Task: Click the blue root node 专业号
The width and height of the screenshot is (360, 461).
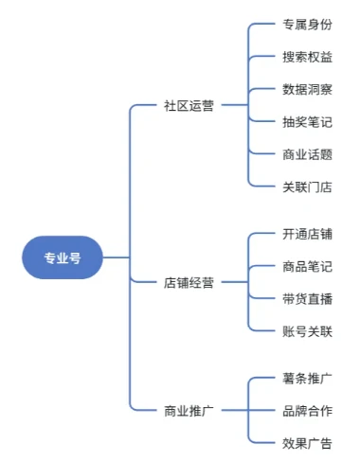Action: (63, 257)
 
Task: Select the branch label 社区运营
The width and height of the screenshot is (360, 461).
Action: (189, 106)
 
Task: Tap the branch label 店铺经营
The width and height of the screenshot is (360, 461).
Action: (189, 282)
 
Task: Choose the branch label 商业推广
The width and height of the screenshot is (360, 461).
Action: (189, 411)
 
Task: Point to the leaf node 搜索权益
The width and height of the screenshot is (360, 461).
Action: (307, 58)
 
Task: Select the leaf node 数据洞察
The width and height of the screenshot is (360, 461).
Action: (307, 90)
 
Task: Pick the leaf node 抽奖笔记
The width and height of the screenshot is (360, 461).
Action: (307, 122)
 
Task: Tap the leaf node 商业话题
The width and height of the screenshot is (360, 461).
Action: (307, 154)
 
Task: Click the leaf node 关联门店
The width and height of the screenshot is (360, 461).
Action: (307, 186)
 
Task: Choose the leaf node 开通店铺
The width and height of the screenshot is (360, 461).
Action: (307, 234)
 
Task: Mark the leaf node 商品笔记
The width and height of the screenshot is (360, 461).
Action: (307, 266)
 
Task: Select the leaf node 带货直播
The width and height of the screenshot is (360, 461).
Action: (307, 298)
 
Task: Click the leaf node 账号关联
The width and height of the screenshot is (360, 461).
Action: (307, 330)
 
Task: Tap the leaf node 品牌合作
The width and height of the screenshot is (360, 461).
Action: (307, 411)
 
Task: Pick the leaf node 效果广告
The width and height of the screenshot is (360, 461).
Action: (307, 443)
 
